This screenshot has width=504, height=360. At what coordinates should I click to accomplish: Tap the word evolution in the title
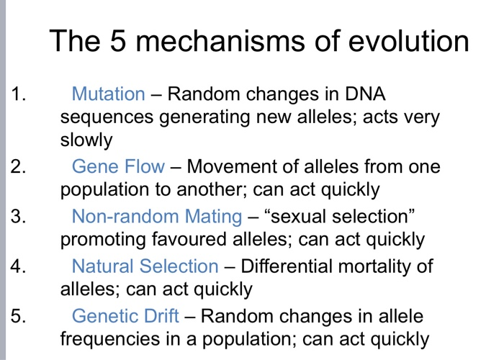pos(408,41)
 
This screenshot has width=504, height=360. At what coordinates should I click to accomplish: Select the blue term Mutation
pos(108,94)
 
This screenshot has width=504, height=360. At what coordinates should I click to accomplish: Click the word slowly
pos(86,140)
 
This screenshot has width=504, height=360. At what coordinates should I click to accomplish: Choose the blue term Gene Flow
pos(118,166)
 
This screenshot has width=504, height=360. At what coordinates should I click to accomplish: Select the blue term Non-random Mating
pos(157,216)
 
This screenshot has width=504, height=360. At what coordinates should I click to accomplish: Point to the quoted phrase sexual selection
pos(339,216)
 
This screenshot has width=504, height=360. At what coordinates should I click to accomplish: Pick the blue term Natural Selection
pos(145,266)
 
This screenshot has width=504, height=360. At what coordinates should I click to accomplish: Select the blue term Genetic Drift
pos(125,315)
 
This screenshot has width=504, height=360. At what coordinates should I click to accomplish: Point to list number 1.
pos(18,94)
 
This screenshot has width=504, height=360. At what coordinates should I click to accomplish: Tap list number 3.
pos(18,216)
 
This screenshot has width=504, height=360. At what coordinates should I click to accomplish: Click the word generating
pos(204,117)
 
